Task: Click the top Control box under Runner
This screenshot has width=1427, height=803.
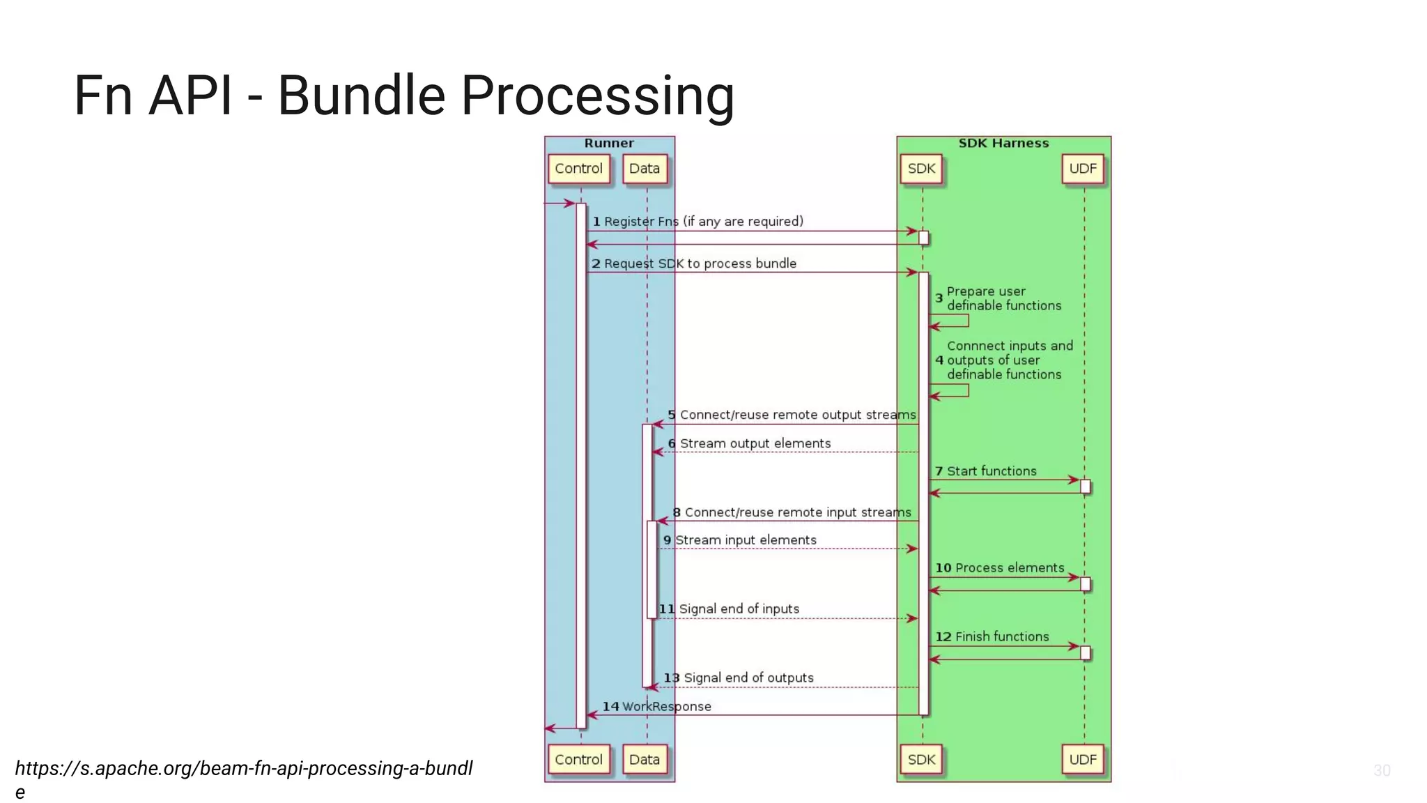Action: (578, 169)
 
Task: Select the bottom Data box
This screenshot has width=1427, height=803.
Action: (644, 759)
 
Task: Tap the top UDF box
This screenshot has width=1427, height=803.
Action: (1083, 169)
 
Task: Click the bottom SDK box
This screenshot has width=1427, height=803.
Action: (921, 759)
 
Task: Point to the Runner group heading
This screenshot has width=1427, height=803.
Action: (609, 143)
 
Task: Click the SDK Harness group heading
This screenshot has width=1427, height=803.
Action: (1003, 143)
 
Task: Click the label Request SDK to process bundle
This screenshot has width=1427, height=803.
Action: (700, 263)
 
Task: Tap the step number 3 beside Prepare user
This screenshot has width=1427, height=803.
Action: (939, 298)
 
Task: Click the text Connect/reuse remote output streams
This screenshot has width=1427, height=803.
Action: (797, 415)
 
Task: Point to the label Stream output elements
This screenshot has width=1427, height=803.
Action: (755, 443)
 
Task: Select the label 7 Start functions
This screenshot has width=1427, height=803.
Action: (985, 471)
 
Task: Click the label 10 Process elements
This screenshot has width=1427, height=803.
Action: (999, 568)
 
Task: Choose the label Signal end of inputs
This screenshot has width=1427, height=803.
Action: (739, 609)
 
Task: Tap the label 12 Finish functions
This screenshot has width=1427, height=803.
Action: (992, 636)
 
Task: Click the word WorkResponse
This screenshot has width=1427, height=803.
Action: (666, 706)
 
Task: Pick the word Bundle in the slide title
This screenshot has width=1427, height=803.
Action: (361, 95)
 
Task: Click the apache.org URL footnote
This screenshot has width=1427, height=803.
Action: (244, 769)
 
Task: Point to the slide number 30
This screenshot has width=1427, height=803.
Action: (1382, 770)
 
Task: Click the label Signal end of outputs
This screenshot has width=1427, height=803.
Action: (748, 678)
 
